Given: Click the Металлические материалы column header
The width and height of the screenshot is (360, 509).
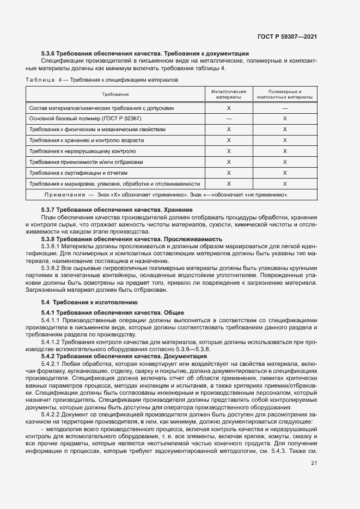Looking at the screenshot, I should pos(229,95).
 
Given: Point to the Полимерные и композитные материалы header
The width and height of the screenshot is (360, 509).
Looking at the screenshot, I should pos(285,95).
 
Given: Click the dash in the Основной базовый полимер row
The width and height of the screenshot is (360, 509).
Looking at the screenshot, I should pos(229,119).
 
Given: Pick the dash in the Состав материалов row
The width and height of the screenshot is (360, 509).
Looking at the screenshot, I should pos(285,108).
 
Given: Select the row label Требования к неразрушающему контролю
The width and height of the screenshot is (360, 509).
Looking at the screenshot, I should pos(83,151).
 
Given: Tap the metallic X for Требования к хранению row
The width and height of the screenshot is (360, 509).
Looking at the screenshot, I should pos(229,140).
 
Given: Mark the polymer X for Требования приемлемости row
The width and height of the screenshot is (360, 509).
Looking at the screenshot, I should pos(285,162).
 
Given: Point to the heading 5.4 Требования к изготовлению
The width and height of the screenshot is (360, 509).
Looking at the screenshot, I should pos(90,302).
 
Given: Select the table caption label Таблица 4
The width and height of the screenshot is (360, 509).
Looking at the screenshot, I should pos(45,80).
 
